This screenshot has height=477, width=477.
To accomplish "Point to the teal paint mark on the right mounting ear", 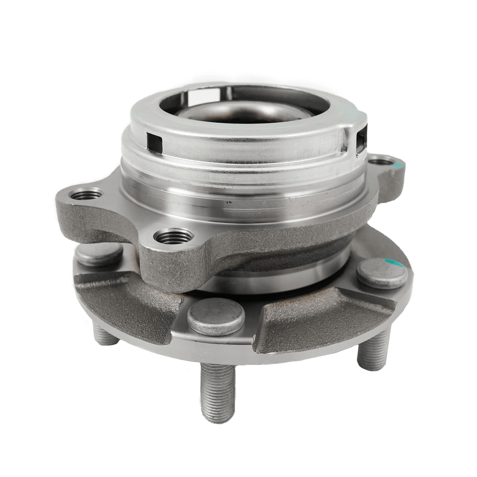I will tap(398, 166).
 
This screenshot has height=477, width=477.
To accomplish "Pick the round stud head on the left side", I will tap(99, 254).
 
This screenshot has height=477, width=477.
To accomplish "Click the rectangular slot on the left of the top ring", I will tap(155, 142).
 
